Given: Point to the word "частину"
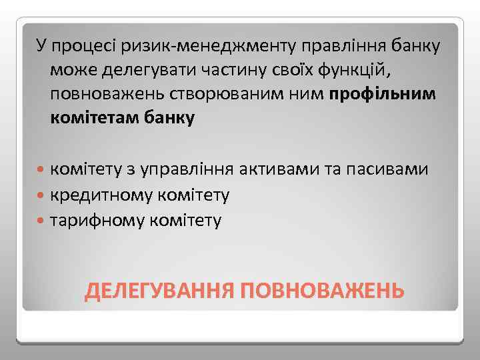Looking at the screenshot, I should (x=221, y=70).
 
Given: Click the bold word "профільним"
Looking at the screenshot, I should (x=382, y=94).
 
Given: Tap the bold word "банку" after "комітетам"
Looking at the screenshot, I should (x=175, y=119).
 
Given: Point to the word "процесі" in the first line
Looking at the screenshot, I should (x=78, y=46).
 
